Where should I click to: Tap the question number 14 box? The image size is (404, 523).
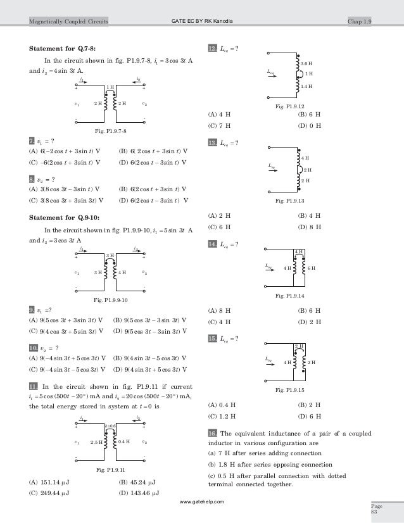click(x=212, y=244)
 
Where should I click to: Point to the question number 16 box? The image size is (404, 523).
click(x=212, y=432)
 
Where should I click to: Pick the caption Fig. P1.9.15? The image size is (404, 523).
click(x=291, y=391)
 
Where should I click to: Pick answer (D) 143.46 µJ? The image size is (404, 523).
click(x=139, y=493)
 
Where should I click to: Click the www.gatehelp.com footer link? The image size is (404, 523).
click(x=201, y=501)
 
